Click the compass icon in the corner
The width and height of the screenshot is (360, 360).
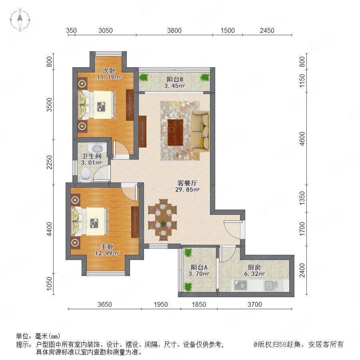tap(20, 20)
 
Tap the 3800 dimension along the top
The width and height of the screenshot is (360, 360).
tap(174, 30)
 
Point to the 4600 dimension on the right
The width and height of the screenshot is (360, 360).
tap(302, 138)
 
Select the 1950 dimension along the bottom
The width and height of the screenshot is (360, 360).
tap(161, 304)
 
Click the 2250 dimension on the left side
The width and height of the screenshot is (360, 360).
tap(49, 162)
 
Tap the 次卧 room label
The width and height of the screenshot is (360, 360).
tap(109, 70)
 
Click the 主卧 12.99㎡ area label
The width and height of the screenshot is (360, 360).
tap(107, 250)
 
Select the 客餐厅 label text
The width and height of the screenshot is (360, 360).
tap(187, 183)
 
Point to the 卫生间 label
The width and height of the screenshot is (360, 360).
tap(92, 156)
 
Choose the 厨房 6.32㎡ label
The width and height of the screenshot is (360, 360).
tap(254, 270)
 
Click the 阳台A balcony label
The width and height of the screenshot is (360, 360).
tap(199, 267)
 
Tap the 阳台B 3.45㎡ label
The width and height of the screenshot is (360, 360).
tap(175, 82)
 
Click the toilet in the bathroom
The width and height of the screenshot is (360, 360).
tap(86, 174)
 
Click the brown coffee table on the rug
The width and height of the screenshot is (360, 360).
tap(176, 132)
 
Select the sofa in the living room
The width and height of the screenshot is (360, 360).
tap(200, 131)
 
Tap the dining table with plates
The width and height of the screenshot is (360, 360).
tap(163, 220)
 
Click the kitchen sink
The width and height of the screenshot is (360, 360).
tap(271, 286)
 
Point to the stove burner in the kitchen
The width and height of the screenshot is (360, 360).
tap(240, 285)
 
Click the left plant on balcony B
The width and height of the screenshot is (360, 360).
tap(144, 77)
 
